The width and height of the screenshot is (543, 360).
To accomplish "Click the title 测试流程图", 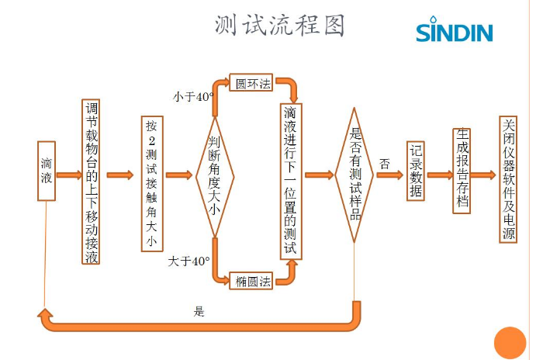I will point(280,26).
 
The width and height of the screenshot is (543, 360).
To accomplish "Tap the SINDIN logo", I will point(455,32).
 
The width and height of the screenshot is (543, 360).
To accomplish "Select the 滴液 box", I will point(47,170).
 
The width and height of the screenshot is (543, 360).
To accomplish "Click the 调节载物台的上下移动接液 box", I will point(92,183).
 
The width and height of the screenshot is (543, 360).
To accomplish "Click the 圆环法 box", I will point(251,82).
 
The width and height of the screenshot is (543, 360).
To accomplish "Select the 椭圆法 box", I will point(253,282).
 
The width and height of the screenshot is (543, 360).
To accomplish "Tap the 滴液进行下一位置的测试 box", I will point(290,182).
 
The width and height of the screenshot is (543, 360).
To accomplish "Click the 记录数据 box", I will point(415,171).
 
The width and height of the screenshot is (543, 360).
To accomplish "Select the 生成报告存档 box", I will point(462,171).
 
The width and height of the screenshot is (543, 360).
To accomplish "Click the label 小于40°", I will point(192,97).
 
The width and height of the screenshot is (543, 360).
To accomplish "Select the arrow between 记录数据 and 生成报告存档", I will point(439,175).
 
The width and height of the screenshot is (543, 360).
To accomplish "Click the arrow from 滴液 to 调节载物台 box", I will point(67,175).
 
